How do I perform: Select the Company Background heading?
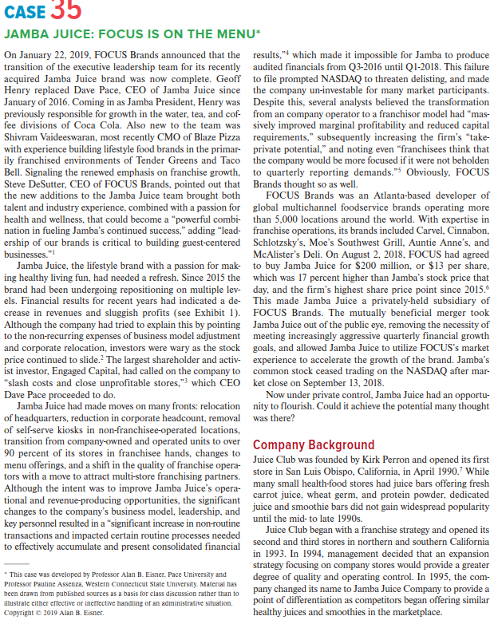[x=313, y=444]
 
